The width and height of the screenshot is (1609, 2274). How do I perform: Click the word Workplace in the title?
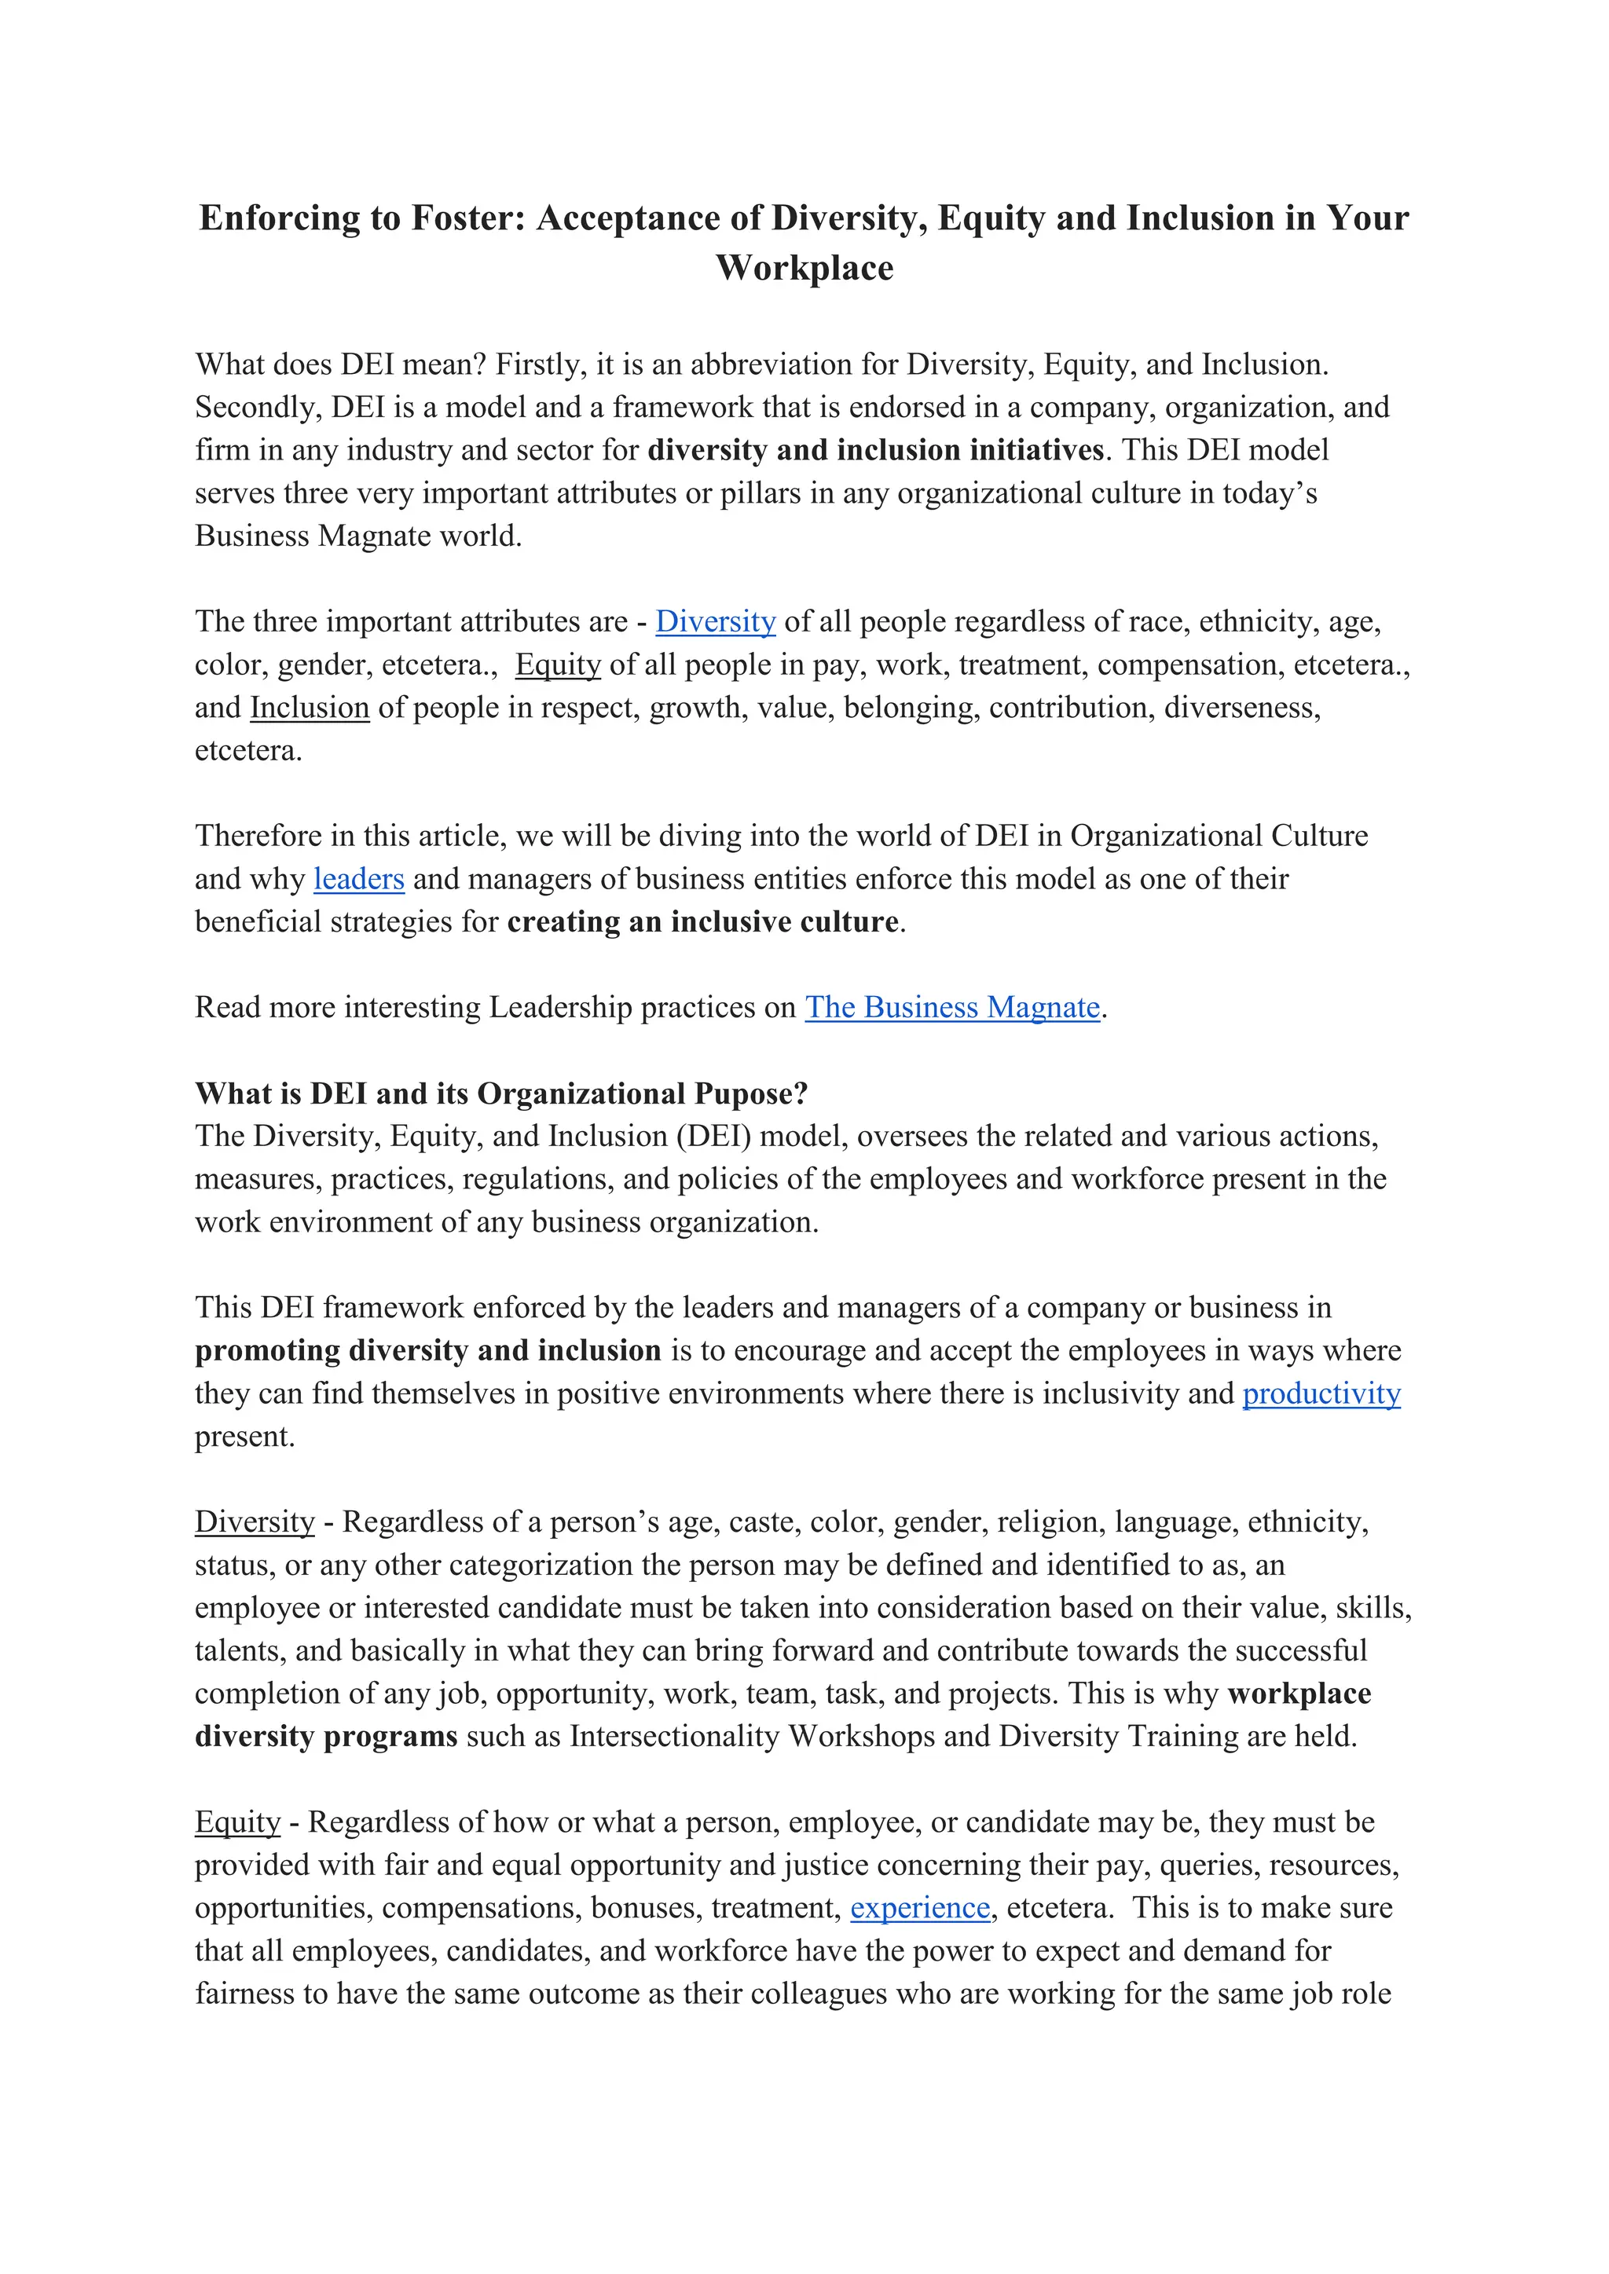tap(804, 269)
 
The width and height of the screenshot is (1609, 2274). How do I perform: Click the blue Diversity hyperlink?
tap(716, 622)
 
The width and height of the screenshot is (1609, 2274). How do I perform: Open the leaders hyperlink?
tap(359, 880)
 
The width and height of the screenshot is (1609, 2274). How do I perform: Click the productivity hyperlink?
tap(1321, 1393)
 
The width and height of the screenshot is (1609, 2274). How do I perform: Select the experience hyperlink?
tap(919, 1909)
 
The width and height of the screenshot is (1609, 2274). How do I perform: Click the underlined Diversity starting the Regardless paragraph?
tap(255, 1522)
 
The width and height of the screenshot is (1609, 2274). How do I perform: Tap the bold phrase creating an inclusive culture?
tap(702, 922)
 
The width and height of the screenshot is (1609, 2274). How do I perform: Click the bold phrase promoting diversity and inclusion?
tap(427, 1351)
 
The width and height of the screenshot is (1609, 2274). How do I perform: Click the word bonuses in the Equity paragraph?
tap(646, 1909)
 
